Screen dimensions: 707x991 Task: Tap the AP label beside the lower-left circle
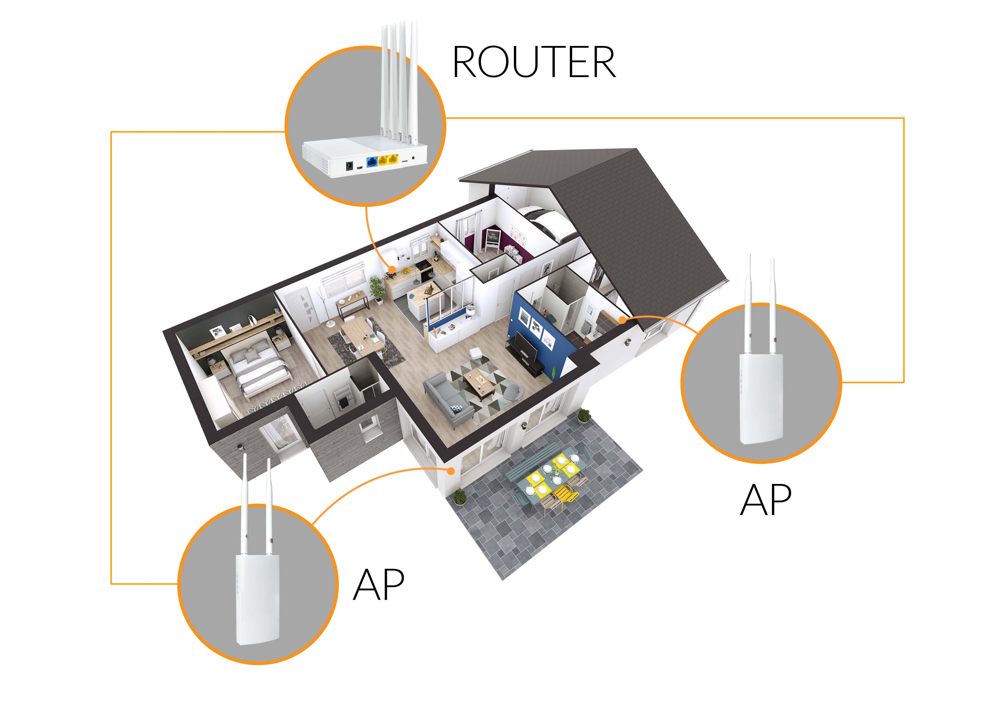[x=379, y=585]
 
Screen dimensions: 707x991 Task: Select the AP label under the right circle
[x=766, y=500]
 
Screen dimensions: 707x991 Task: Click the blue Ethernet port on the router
[x=372, y=162]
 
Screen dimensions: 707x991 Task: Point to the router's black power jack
[x=349, y=165]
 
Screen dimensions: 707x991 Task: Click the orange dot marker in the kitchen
[x=392, y=270]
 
